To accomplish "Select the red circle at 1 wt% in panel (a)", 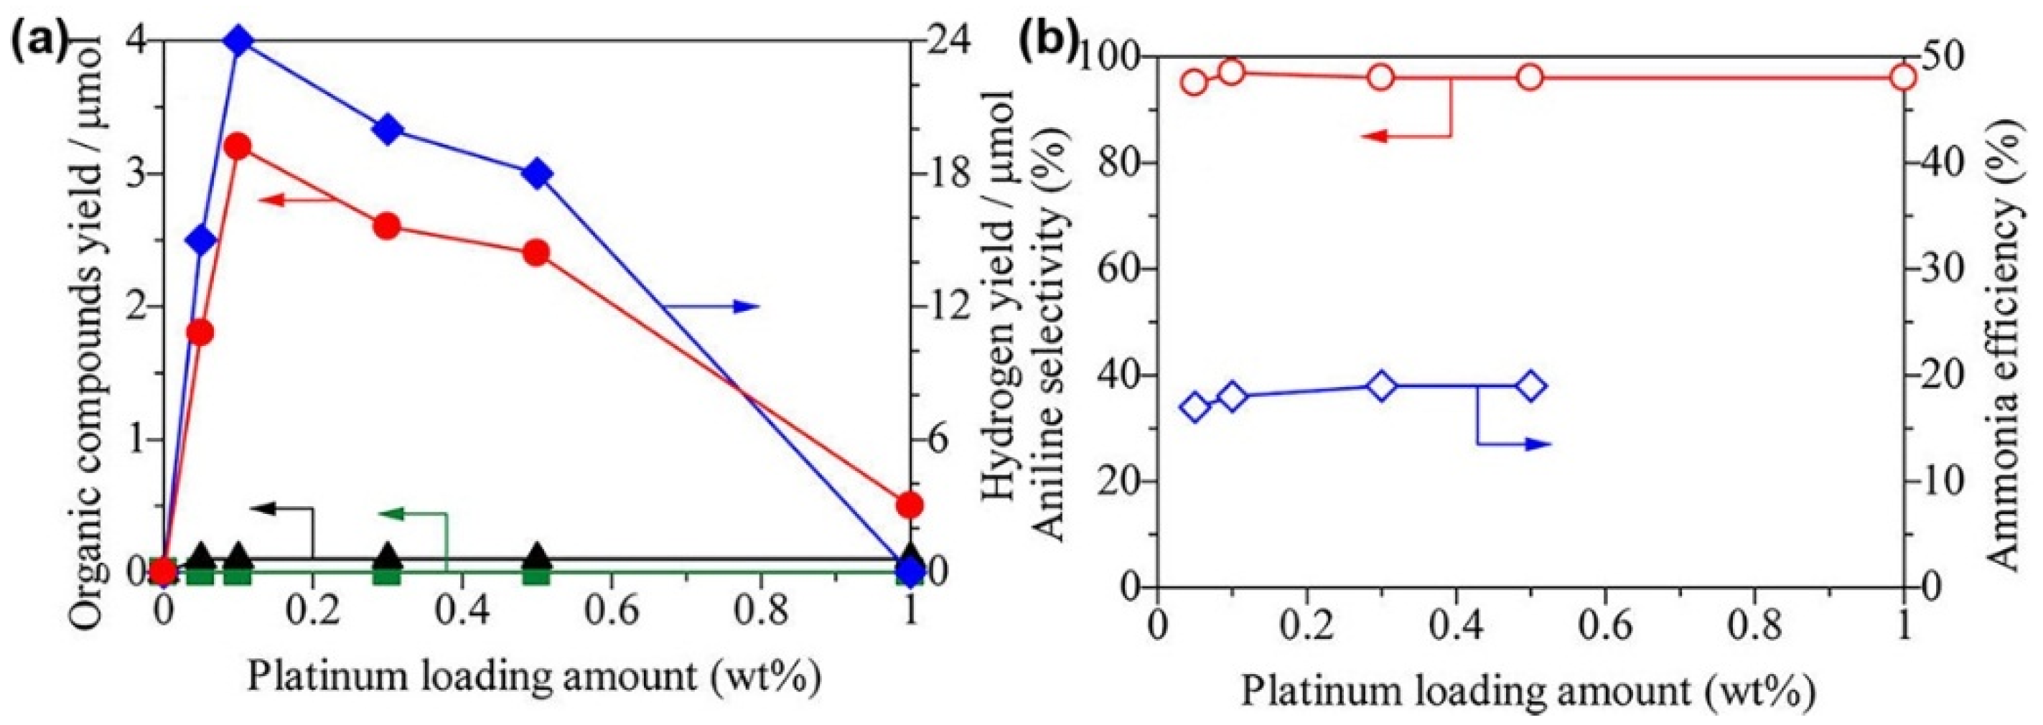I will pyautogui.click(x=910, y=505).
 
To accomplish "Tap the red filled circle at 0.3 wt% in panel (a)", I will pyautogui.click(x=387, y=227).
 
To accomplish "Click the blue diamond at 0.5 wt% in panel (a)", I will pyautogui.click(x=537, y=173).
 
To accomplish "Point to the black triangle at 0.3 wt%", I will pyautogui.click(x=387, y=556).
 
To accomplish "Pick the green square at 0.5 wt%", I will pyautogui.click(x=537, y=572).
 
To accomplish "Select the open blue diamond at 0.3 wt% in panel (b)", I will pyautogui.click(x=1382, y=386).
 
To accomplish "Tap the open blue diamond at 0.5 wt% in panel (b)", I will pyautogui.click(x=1531, y=386).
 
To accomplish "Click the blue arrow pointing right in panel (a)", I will pyautogui.click(x=746, y=307).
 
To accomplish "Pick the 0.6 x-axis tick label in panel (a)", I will pyautogui.click(x=611, y=612).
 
